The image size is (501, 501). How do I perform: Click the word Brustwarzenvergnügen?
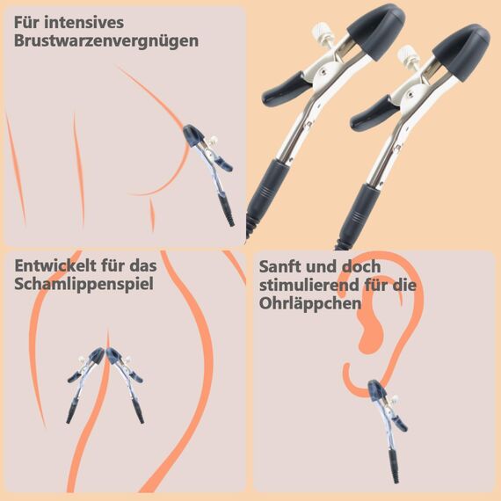tap(106, 41)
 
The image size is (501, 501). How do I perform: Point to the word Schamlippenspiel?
tap(84, 285)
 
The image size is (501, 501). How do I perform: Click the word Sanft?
tap(283, 265)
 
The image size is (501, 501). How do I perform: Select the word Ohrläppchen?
tap(310, 304)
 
